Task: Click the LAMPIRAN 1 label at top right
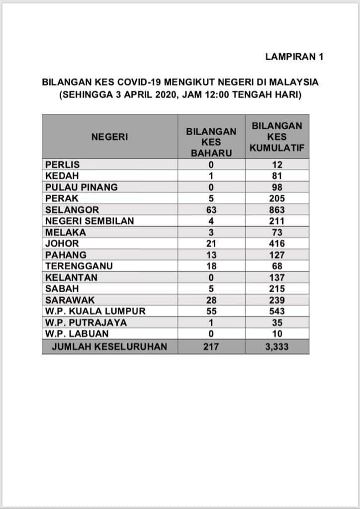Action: point(294,57)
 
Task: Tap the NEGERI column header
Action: point(109,137)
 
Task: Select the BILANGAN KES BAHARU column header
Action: point(211,142)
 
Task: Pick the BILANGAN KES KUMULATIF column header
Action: point(277,137)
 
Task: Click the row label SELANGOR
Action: point(72,210)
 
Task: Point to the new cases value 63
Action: point(211,210)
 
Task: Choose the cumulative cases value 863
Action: point(277,210)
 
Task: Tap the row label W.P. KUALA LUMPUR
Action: point(95,311)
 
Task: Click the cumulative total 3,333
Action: point(277,346)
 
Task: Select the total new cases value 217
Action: point(211,346)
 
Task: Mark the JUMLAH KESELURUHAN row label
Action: point(110,346)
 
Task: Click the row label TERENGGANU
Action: point(79,266)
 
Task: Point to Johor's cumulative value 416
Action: point(277,244)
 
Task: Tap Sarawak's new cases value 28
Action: point(211,300)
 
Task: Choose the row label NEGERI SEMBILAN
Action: point(90,221)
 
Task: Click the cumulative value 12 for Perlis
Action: point(277,165)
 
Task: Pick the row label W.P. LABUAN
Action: point(77,334)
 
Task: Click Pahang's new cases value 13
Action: point(211,255)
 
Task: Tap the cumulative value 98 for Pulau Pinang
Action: point(277,187)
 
